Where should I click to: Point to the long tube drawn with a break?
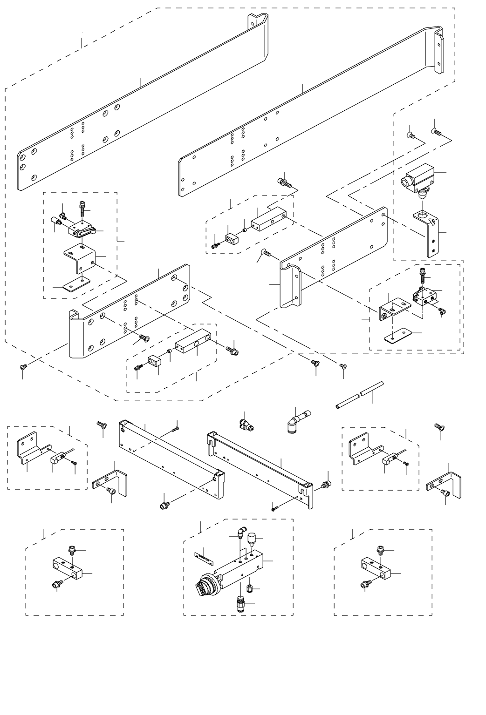pyautogui.click(x=360, y=394)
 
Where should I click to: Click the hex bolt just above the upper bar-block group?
pyautogui.click(x=284, y=182)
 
